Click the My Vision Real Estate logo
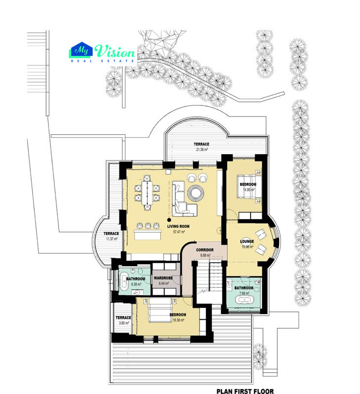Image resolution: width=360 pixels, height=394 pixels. pyautogui.click(x=102, y=53)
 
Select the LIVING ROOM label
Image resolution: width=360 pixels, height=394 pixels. pyautogui.click(x=178, y=226)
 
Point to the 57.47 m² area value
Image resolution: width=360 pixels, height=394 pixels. pyautogui.click(x=178, y=231)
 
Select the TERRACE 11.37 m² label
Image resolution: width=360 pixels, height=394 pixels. pyautogui.click(x=111, y=236)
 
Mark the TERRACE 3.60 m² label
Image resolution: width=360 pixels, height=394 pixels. pyautogui.click(x=123, y=320)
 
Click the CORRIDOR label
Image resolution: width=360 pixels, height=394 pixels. pyautogui.click(x=204, y=250)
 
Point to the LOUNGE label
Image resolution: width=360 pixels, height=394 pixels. pyautogui.click(x=247, y=242)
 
